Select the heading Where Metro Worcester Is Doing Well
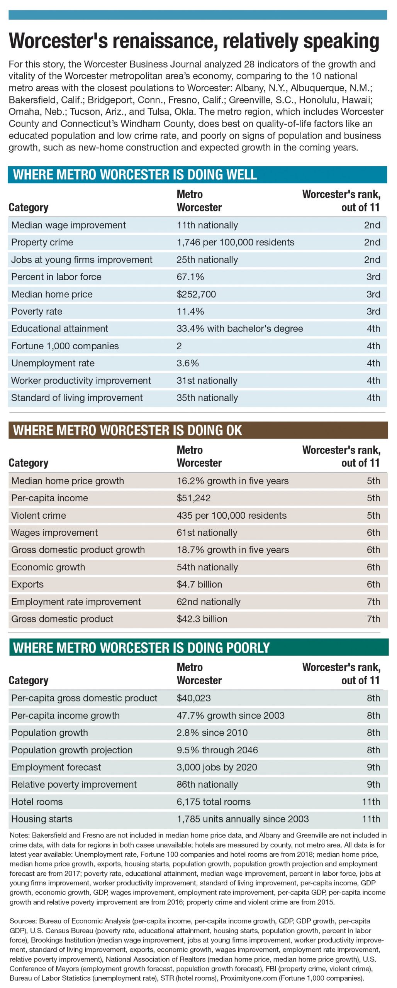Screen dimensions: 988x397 135,174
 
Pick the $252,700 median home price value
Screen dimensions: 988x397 196,294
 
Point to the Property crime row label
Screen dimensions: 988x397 42,242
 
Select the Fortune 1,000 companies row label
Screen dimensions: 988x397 65,346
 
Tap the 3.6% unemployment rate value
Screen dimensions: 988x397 188,363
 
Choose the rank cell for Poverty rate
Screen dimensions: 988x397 373,311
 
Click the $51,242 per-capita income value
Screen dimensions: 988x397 193,498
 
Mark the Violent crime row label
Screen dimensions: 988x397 39,515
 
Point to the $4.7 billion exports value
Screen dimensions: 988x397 199,584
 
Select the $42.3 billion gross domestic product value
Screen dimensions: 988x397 202,619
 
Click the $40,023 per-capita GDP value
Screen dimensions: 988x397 193,698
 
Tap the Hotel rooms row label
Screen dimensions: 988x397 37,802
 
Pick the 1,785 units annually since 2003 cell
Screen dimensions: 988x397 243,819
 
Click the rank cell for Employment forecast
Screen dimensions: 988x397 373,767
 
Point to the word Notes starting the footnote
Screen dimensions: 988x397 19,835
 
